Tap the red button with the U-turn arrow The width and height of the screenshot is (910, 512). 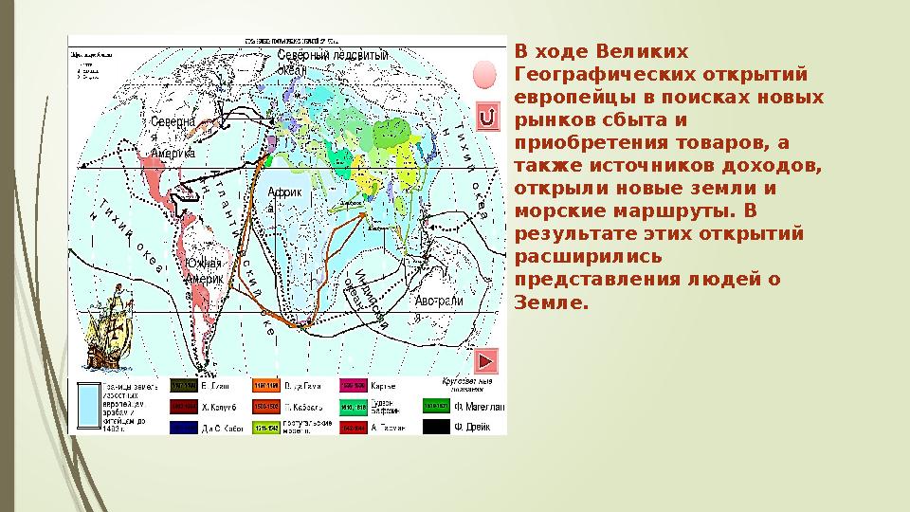(x=486, y=118)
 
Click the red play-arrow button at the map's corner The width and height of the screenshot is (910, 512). (x=485, y=361)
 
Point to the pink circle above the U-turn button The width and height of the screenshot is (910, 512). (x=485, y=75)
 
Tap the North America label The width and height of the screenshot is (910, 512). (x=173, y=137)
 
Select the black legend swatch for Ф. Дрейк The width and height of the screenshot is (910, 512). (x=436, y=428)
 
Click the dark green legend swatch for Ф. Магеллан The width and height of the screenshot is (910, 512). (x=436, y=406)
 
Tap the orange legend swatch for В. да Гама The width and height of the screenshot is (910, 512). (x=265, y=385)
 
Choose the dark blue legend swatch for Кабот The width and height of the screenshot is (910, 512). (x=184, y=428)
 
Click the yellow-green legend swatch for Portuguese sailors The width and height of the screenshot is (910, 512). (x=265, y=428)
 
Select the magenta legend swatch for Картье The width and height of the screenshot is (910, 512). (x=353, y=385)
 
